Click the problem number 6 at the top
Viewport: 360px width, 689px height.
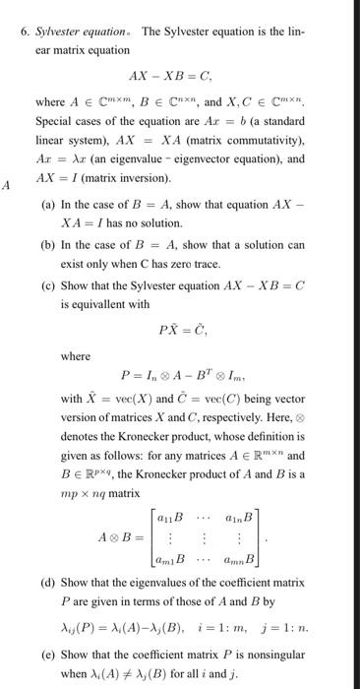(x=25, y=31)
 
